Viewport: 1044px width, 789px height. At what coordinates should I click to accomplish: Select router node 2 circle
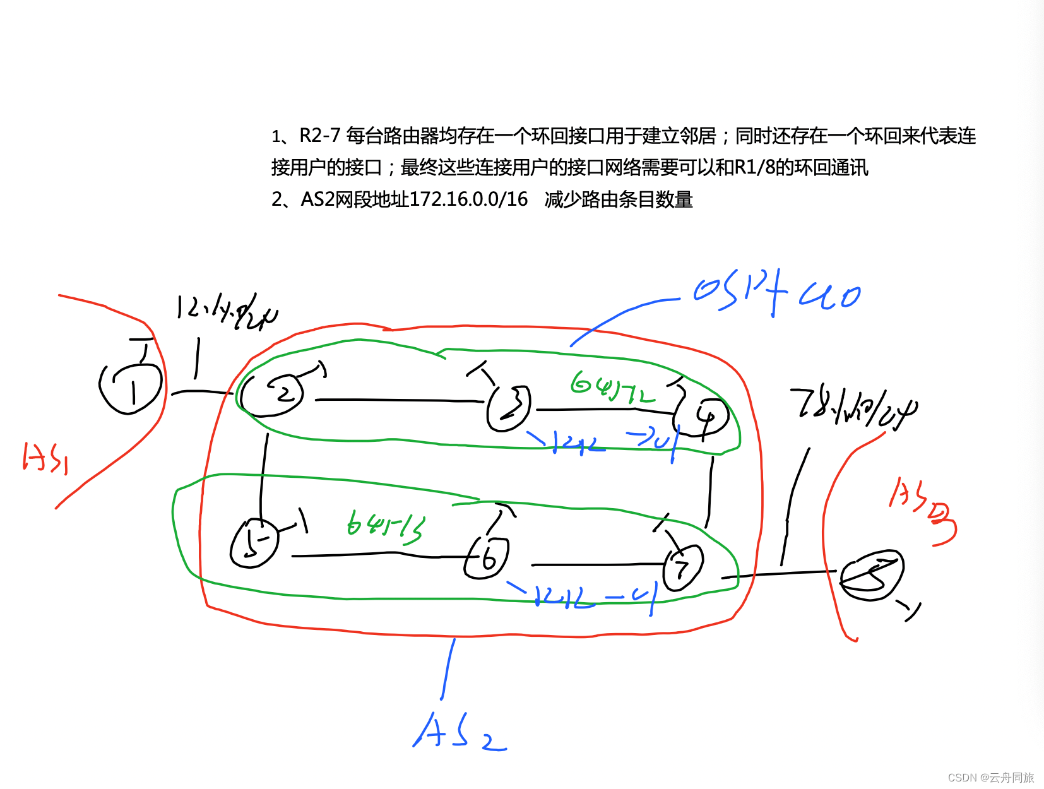(x=273, y=394)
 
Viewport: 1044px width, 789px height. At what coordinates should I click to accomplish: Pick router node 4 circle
(x=701, y=417)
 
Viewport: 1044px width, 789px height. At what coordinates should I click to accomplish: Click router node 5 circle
(x=254, y=543)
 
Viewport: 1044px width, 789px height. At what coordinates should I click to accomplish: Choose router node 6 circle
(x=487, y=558)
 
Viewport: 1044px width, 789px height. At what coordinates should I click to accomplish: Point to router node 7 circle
(x=682, y=567)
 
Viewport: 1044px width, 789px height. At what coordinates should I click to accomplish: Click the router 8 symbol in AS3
(x=872, y=575)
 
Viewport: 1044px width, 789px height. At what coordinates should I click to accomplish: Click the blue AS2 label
(x=458, y=732)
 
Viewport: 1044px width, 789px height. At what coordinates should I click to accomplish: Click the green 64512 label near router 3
(x=612, y=386)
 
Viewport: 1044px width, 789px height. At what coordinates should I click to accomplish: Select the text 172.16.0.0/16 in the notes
(x=468, y=199)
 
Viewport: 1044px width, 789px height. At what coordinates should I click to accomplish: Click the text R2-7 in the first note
(x=319, y=136)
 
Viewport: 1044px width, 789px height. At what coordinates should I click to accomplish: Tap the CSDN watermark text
(x=990, y=777)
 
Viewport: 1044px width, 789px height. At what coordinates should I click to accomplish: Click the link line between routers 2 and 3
(x=398, y=400)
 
